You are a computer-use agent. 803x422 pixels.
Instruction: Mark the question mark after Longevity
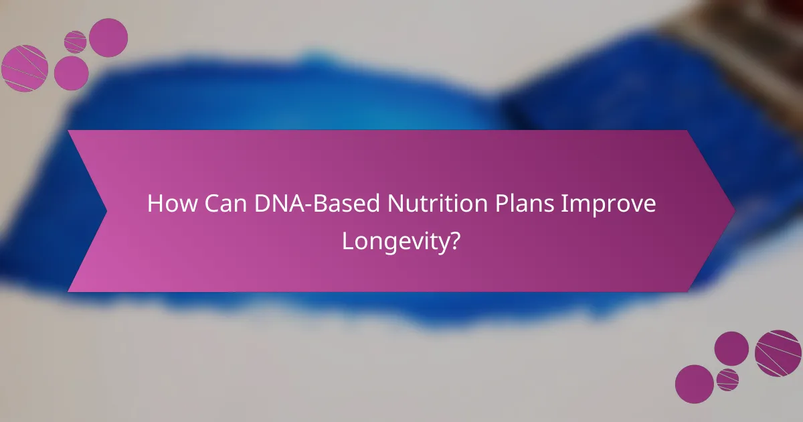(454, 240)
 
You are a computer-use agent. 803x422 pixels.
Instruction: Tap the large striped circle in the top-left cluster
(25, 68)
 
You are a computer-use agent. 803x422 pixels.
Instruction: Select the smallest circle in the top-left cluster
(76, 42)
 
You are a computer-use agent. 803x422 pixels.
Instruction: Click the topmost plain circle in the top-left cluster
(108, 38)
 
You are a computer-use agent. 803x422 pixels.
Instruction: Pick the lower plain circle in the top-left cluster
(72, 73)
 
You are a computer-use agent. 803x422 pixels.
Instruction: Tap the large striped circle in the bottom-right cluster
(778, 353)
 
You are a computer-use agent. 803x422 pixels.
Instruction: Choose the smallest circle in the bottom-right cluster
(727, 379)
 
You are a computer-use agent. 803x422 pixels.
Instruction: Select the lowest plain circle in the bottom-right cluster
(694, 384)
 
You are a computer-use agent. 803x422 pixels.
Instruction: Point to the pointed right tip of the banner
(732, 211)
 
